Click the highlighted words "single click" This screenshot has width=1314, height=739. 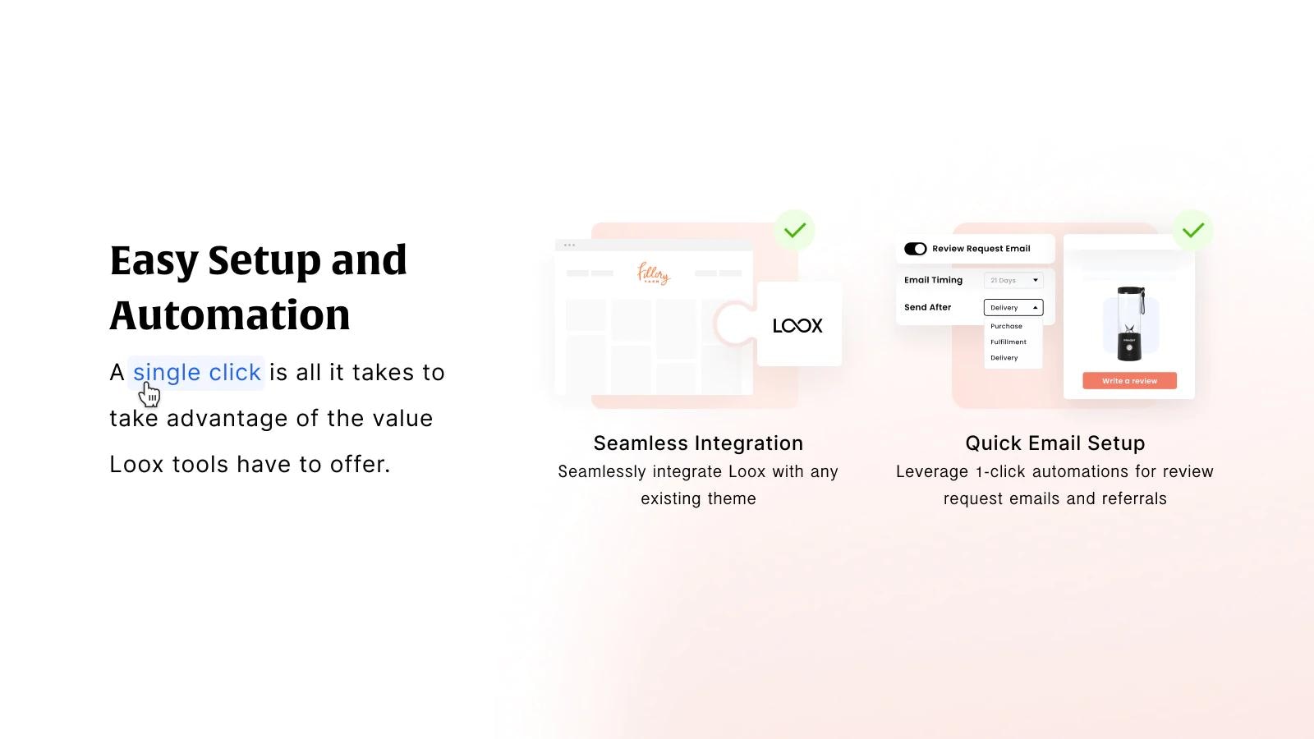click(x=196, y=373)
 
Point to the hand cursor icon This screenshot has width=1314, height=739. click(x=149, y=395)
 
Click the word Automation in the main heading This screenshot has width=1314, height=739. click(x=230, y=315)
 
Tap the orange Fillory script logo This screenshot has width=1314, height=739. click(x=653, y=273)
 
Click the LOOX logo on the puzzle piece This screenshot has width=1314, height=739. click(x=797, y=326)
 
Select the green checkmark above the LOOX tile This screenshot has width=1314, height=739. click(x=794, y=230)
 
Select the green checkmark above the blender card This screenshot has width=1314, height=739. click(x=1193, y=230)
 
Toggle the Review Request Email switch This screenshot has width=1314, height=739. click(x=915, y=249)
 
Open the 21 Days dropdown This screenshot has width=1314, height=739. click(x=1013, y=280)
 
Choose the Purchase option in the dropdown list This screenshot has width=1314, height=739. click(x=1006, y=326)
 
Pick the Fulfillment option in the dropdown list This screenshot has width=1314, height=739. click(x=1008, y=342)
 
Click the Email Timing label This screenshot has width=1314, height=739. click(x=933, y=280)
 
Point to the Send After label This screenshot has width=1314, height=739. click(x=927, y=307)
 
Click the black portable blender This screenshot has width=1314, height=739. click(x=1130, y=324)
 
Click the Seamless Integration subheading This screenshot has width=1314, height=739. click(x=698, y=443)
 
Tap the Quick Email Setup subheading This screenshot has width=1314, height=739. click(x=1054, y=443)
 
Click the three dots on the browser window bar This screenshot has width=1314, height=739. click(x=569, y=245)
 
